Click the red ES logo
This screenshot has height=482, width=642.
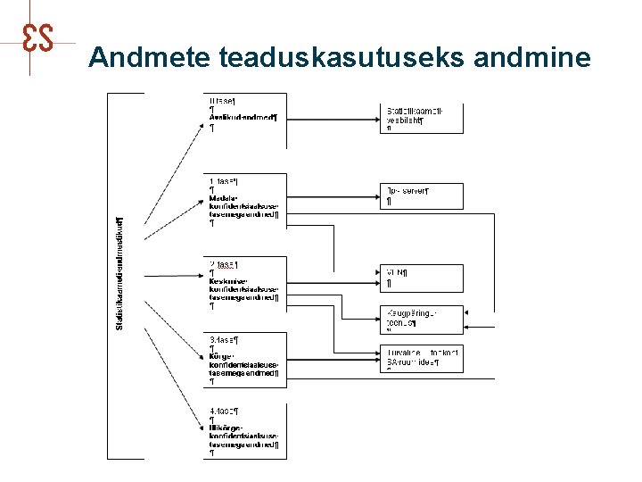(x=38, y=37)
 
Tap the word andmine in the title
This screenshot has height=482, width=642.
(x=532, y=58)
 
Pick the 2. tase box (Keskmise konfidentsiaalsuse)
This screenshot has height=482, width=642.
(x=244, y=285)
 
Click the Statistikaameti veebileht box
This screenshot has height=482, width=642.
(x=424, y=119)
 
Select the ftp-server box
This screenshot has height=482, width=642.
(x=424, y=195)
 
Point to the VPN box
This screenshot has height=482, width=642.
(x=424, y=278)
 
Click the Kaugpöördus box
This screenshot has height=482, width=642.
(x=424, y=319)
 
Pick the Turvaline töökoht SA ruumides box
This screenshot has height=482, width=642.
(x=424, y=358)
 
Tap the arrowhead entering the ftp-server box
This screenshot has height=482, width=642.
(x=378, y=190)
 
